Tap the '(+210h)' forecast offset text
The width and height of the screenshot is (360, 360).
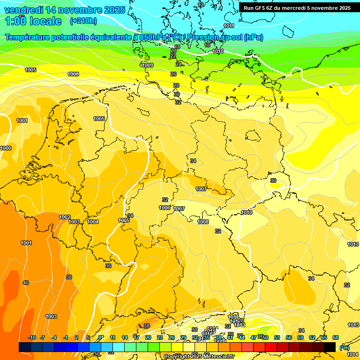pyautogui.click(x=83, y=21)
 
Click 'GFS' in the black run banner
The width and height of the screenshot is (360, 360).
pyautogui.click(x=263, y=8)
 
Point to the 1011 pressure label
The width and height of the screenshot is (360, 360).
pyautogui.click(x=229, y=26)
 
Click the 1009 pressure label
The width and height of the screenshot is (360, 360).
pyautogui.click(x=148, y=65)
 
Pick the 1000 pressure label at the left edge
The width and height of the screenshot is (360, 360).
pyautogui.click(x=6, y=148)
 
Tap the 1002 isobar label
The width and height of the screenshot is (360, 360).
pyautogui.click(x=65, y=217)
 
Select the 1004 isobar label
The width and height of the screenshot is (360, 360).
pyautogui.click(x=93, y=222)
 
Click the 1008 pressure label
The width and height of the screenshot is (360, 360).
pyautogui.click(x=203, y=222)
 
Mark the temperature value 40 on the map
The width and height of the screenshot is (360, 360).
pyautogui.click(x=25, y=283)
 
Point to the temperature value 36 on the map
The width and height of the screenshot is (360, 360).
pyautogui.click(x=108, y=266)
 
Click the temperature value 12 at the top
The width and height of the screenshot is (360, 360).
pyautogui.click(x=201, y=5)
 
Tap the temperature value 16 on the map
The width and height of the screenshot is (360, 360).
pyautogui.click(x=207, y=45)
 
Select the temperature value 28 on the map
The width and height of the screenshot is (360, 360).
pyautogui.click(x=176, y=85)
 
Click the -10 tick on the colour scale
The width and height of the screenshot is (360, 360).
pyautogui.click(x=32, y=337)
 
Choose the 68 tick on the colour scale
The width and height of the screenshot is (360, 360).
pyautogui.click(x=336, y=337)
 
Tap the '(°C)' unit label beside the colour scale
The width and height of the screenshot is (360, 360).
pyautogui.click(x=345, y=347)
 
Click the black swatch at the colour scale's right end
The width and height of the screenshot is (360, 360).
pyautogui.click(x=330, y=347)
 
